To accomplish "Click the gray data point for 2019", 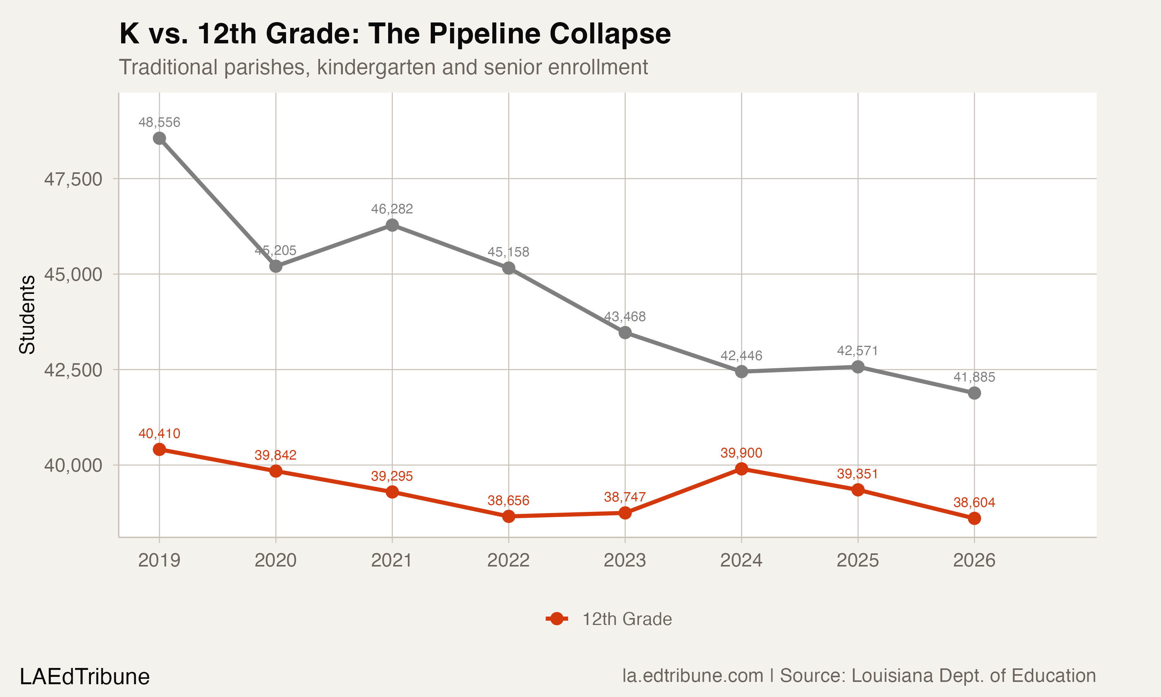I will point(159,138).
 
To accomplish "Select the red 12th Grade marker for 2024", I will point(741,469).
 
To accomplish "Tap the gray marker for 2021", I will point(392,225).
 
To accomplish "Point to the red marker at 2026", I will point(974,518).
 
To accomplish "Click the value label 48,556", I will point(159,122).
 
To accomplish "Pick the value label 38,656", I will point(508,501).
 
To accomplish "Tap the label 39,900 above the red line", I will point(741,453).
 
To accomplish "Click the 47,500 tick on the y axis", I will point(73,179).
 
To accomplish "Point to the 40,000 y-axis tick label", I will point(73,465).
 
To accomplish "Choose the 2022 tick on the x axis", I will point(508,560).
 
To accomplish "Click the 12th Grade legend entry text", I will point(627,619).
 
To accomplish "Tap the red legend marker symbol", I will point(557,619).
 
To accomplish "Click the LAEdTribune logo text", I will point(84,677).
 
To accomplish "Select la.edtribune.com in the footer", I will point(693,676).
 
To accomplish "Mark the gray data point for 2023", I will point(625,333).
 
